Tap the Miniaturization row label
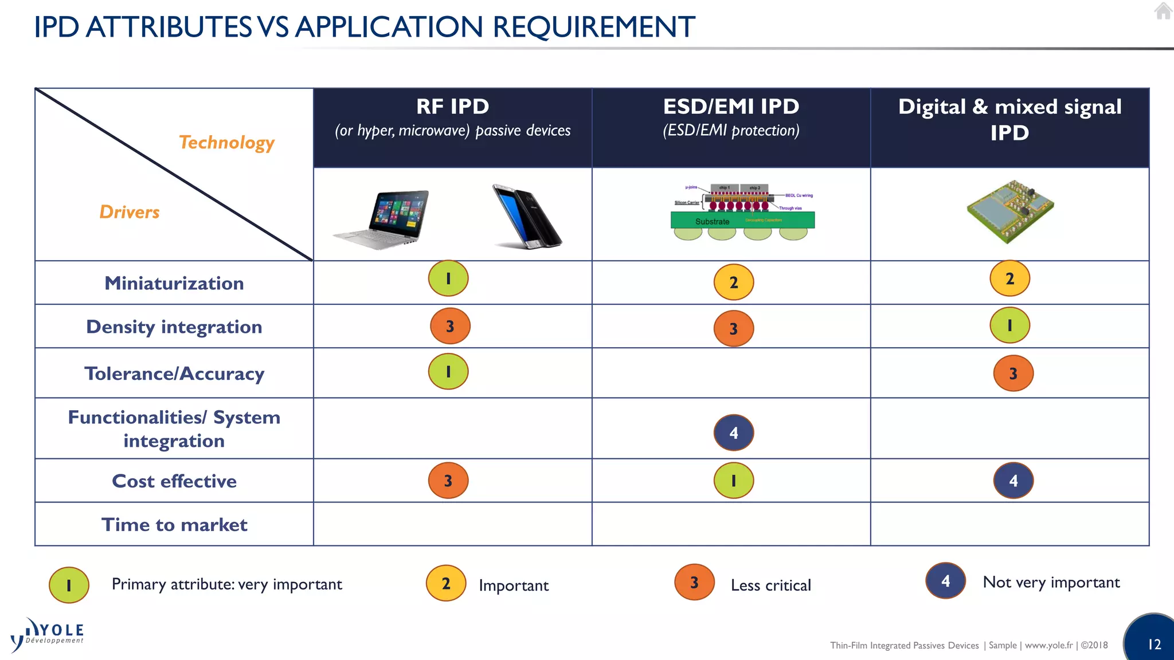click(x=174, y=283)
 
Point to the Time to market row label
click(x=174, y=525)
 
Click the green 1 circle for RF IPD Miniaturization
click(x=448, y=278)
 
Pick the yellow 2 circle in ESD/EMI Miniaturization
click(x=734, y=282)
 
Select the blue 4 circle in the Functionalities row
click(x=734, y=433)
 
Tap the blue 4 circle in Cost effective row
click(x=1013, y=481)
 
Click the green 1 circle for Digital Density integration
click(x=1010, y=325)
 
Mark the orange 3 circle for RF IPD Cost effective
click(x=448, y=481)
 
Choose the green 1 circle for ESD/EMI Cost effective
click(x=734, y=481)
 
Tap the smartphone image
click(x=526, y=217)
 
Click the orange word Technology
click(x=227, y=142)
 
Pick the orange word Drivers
click(x=130, y=212)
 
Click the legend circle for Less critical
click(x=694, y=583)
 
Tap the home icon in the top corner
click(x=1163, y=11)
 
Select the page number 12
click(x=1155, y=645)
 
